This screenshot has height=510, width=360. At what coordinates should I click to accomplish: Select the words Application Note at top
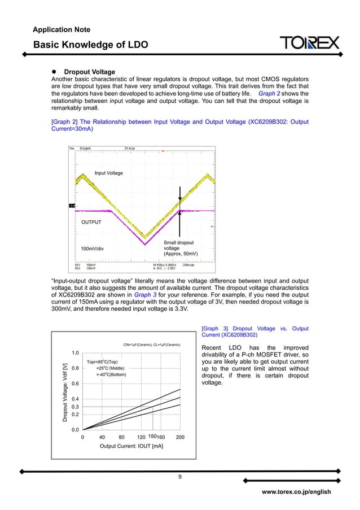(62, 29)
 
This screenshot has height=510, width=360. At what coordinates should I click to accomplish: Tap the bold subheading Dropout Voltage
(89, 72)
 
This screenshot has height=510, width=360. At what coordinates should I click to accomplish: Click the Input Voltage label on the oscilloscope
(108, 173)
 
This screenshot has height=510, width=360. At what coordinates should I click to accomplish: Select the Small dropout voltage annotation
(179, 248)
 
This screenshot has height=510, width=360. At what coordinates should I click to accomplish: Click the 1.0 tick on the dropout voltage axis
(74, 353)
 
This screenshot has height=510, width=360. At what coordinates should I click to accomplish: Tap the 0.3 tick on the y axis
(74, 407)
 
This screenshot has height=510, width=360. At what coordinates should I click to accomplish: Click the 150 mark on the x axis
(152, 437)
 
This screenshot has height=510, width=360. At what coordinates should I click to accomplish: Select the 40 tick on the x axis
(102, 437)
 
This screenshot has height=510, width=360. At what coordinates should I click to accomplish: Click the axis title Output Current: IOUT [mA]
(131, 447)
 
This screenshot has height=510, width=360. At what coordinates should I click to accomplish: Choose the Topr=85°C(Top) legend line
(102, 361)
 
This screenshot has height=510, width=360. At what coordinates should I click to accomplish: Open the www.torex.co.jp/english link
(296, 492)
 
